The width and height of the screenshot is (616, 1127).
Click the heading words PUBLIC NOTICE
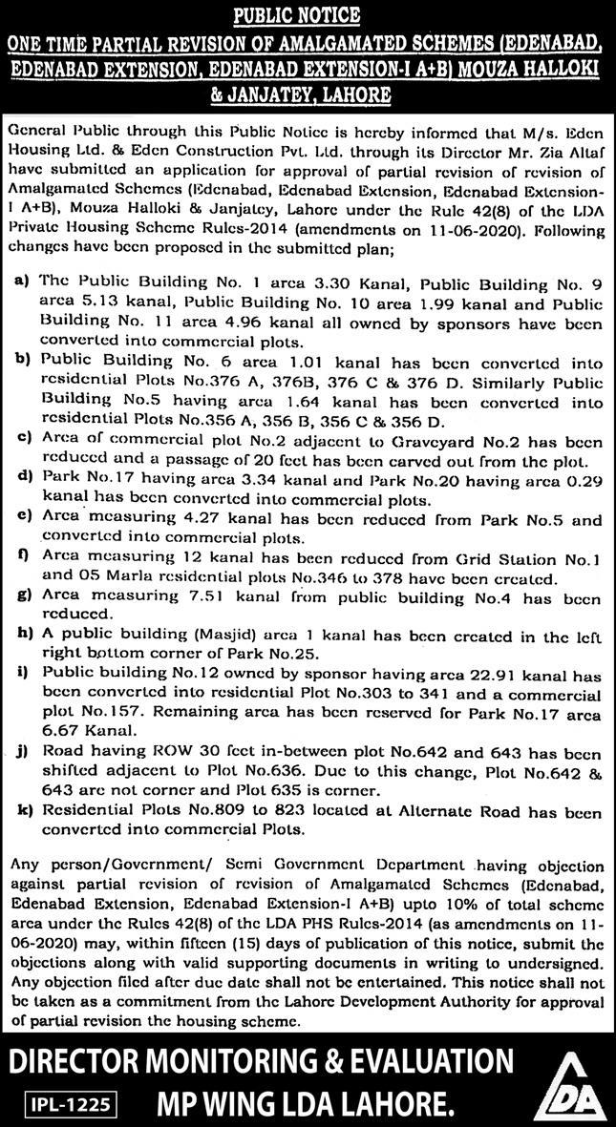point(307,14)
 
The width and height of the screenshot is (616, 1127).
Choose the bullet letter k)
point(21,814)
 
